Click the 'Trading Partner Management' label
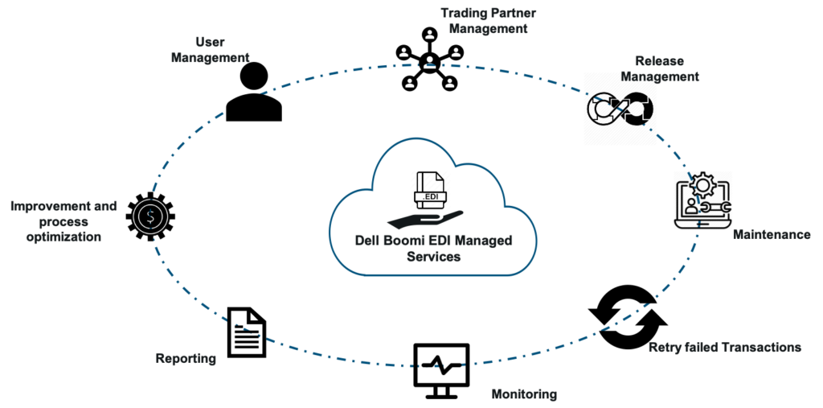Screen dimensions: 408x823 488,21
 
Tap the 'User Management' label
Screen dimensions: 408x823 211,50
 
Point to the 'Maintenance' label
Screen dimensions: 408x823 772,235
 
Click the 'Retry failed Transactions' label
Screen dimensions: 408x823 725,348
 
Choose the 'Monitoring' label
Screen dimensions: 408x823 524,394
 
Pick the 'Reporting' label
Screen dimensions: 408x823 186,358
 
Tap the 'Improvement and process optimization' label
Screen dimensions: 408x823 63,221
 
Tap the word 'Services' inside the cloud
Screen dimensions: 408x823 434,258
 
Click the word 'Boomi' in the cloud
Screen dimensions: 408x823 406,241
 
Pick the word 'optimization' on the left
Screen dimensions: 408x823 63,237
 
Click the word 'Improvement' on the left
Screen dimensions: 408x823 46,206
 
